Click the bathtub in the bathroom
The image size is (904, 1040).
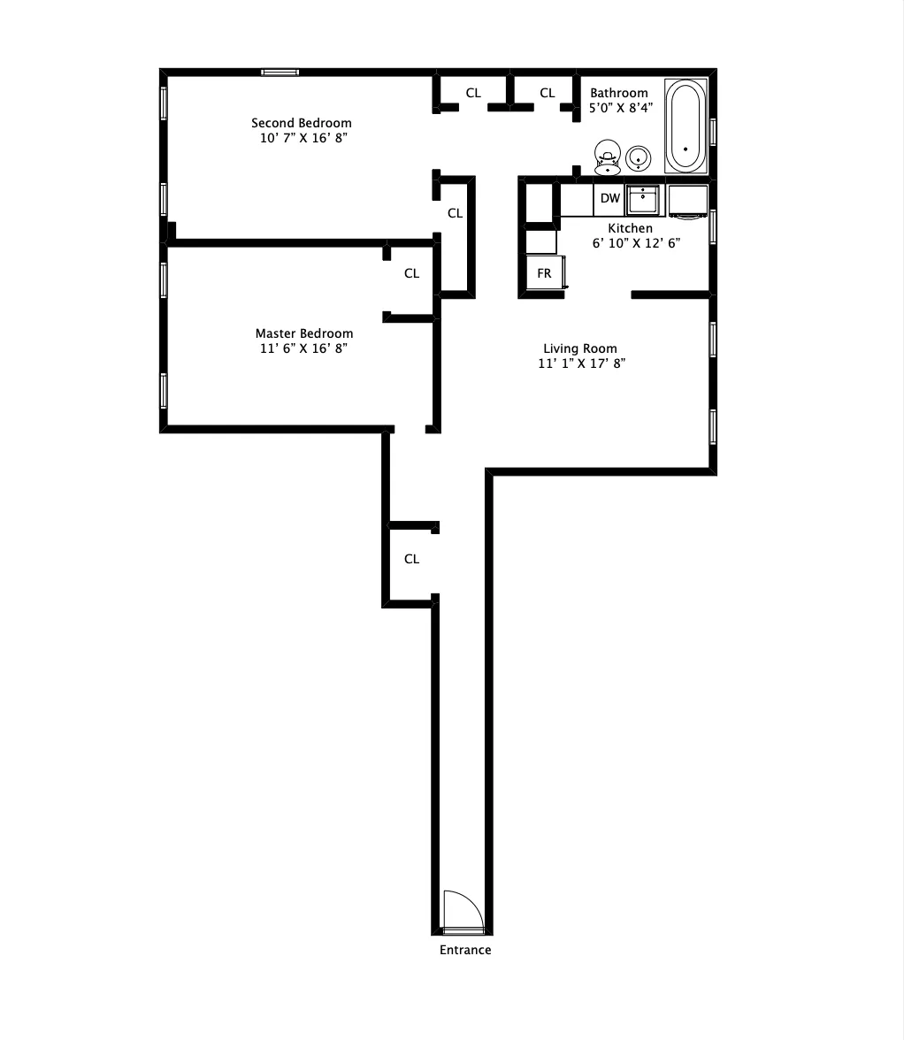(x=686, y=126)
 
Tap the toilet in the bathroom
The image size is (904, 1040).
(x=607, y=156)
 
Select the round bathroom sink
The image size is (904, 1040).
(x=639, y=158)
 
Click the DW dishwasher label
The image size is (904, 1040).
(x=610, y=198)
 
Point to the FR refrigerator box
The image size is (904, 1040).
(x=544, y=273)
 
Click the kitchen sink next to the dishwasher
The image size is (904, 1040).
(x=643, y=200)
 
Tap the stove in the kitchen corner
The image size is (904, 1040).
(x=687, y=201)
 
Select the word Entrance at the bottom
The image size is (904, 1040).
(x=465, y=950)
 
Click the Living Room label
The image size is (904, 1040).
(x=580, y=348)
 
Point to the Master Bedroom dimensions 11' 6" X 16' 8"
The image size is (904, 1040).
(x=304, y=348)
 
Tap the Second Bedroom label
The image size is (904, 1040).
(x=302, y=123)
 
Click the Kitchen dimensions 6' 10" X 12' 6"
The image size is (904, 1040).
(x=636, y=243)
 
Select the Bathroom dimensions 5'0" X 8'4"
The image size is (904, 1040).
(x=621, y=108)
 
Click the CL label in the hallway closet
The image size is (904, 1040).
(x=411, y=559)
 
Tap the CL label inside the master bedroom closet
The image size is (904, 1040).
(x=411, y=273)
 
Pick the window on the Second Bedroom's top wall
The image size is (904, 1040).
(x=280, y=72)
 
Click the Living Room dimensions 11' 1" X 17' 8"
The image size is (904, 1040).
(x=582, y=363)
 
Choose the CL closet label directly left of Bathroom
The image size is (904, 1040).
(x=548, y=93)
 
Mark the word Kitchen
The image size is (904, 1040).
(x=630, y=228)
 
